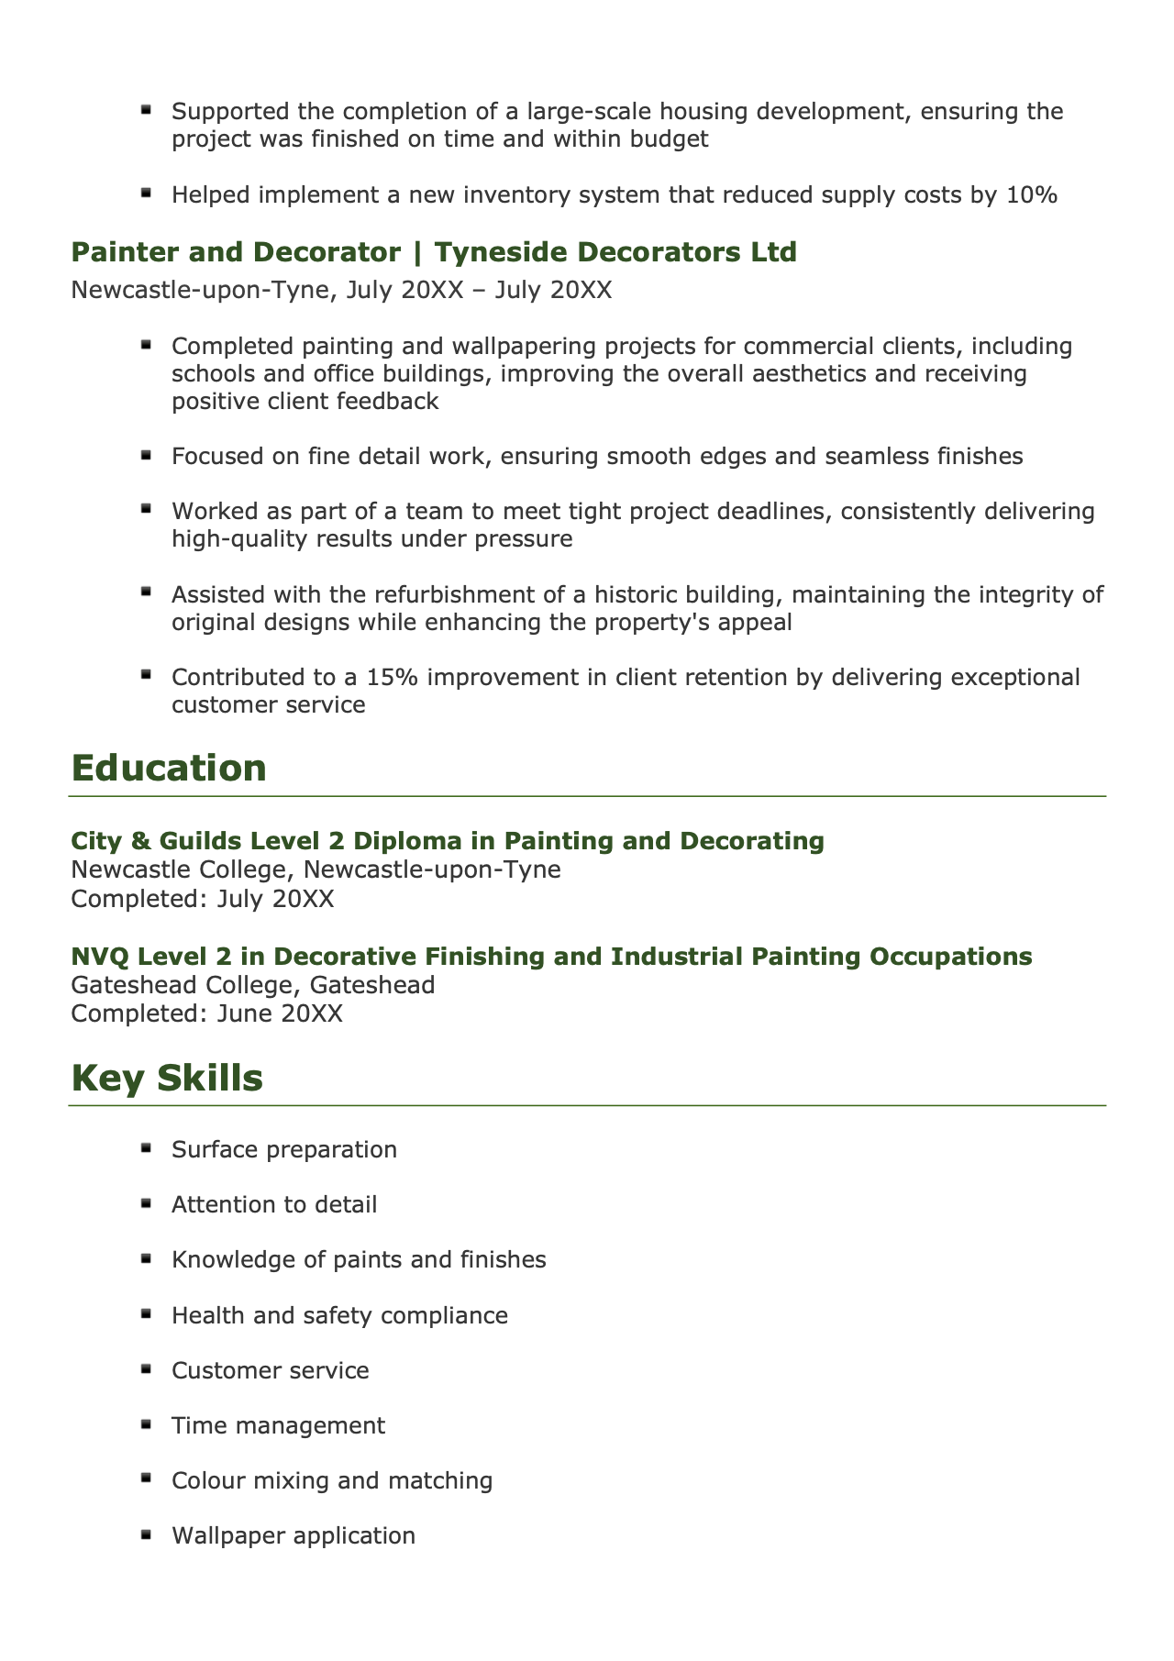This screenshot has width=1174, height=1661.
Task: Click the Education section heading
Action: pyautogui.click(x=169, y=769)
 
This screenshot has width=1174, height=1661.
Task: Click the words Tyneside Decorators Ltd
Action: pyautogui.click(x=615, y=252)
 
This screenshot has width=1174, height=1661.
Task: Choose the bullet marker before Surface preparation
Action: pyautogui.click(x=146, y=1147)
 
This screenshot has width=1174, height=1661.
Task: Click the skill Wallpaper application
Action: pyautogui.click(x=293, y=1535)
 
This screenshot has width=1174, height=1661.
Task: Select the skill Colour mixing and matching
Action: pyautogui.click(x=332, y=1480)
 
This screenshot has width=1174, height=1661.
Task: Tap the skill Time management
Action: pyautogui.click(x=278, y=1425)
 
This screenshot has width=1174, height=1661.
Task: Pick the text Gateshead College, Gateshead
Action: pyautogui.click(x=253, y=985)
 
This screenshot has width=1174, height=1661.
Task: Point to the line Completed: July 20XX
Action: pyautogui.click(x=203, y=898)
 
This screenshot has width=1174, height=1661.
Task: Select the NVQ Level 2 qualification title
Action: pyautogui.click(x=551, y=957)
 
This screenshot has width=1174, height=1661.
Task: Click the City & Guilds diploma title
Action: pyautogui.click(x=448, y=841)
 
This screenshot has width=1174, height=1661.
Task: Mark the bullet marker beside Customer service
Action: pyautogui.click(x=146, y=1368)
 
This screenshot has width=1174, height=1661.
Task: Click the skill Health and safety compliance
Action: pyautogui.click(x=339, y=1315)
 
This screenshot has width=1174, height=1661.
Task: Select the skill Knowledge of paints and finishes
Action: pyautogui.click(x=359, y=1260)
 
